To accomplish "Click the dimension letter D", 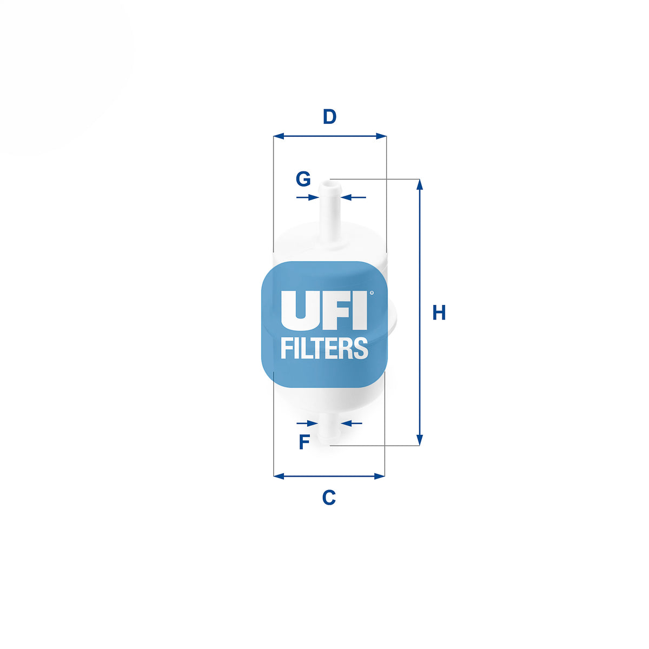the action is (329, 116).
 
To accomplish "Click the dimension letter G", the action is (303, 179).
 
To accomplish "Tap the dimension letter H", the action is (439, 312).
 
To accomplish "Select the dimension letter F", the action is (304, 442).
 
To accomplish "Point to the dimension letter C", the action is (329, 497).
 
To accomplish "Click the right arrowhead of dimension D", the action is (381, 136).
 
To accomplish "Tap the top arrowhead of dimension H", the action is (419, 185).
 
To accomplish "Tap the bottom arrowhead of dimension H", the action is (419, 440).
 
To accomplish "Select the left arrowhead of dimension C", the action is (279, 476).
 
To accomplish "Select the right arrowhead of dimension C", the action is (379, 476).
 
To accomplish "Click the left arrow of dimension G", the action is (308, 197).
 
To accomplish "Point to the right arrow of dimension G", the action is (353, 197).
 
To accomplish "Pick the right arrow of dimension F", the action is (352, 423).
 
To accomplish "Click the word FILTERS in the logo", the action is (324, 348).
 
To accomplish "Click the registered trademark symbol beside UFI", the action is (371, 293).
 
